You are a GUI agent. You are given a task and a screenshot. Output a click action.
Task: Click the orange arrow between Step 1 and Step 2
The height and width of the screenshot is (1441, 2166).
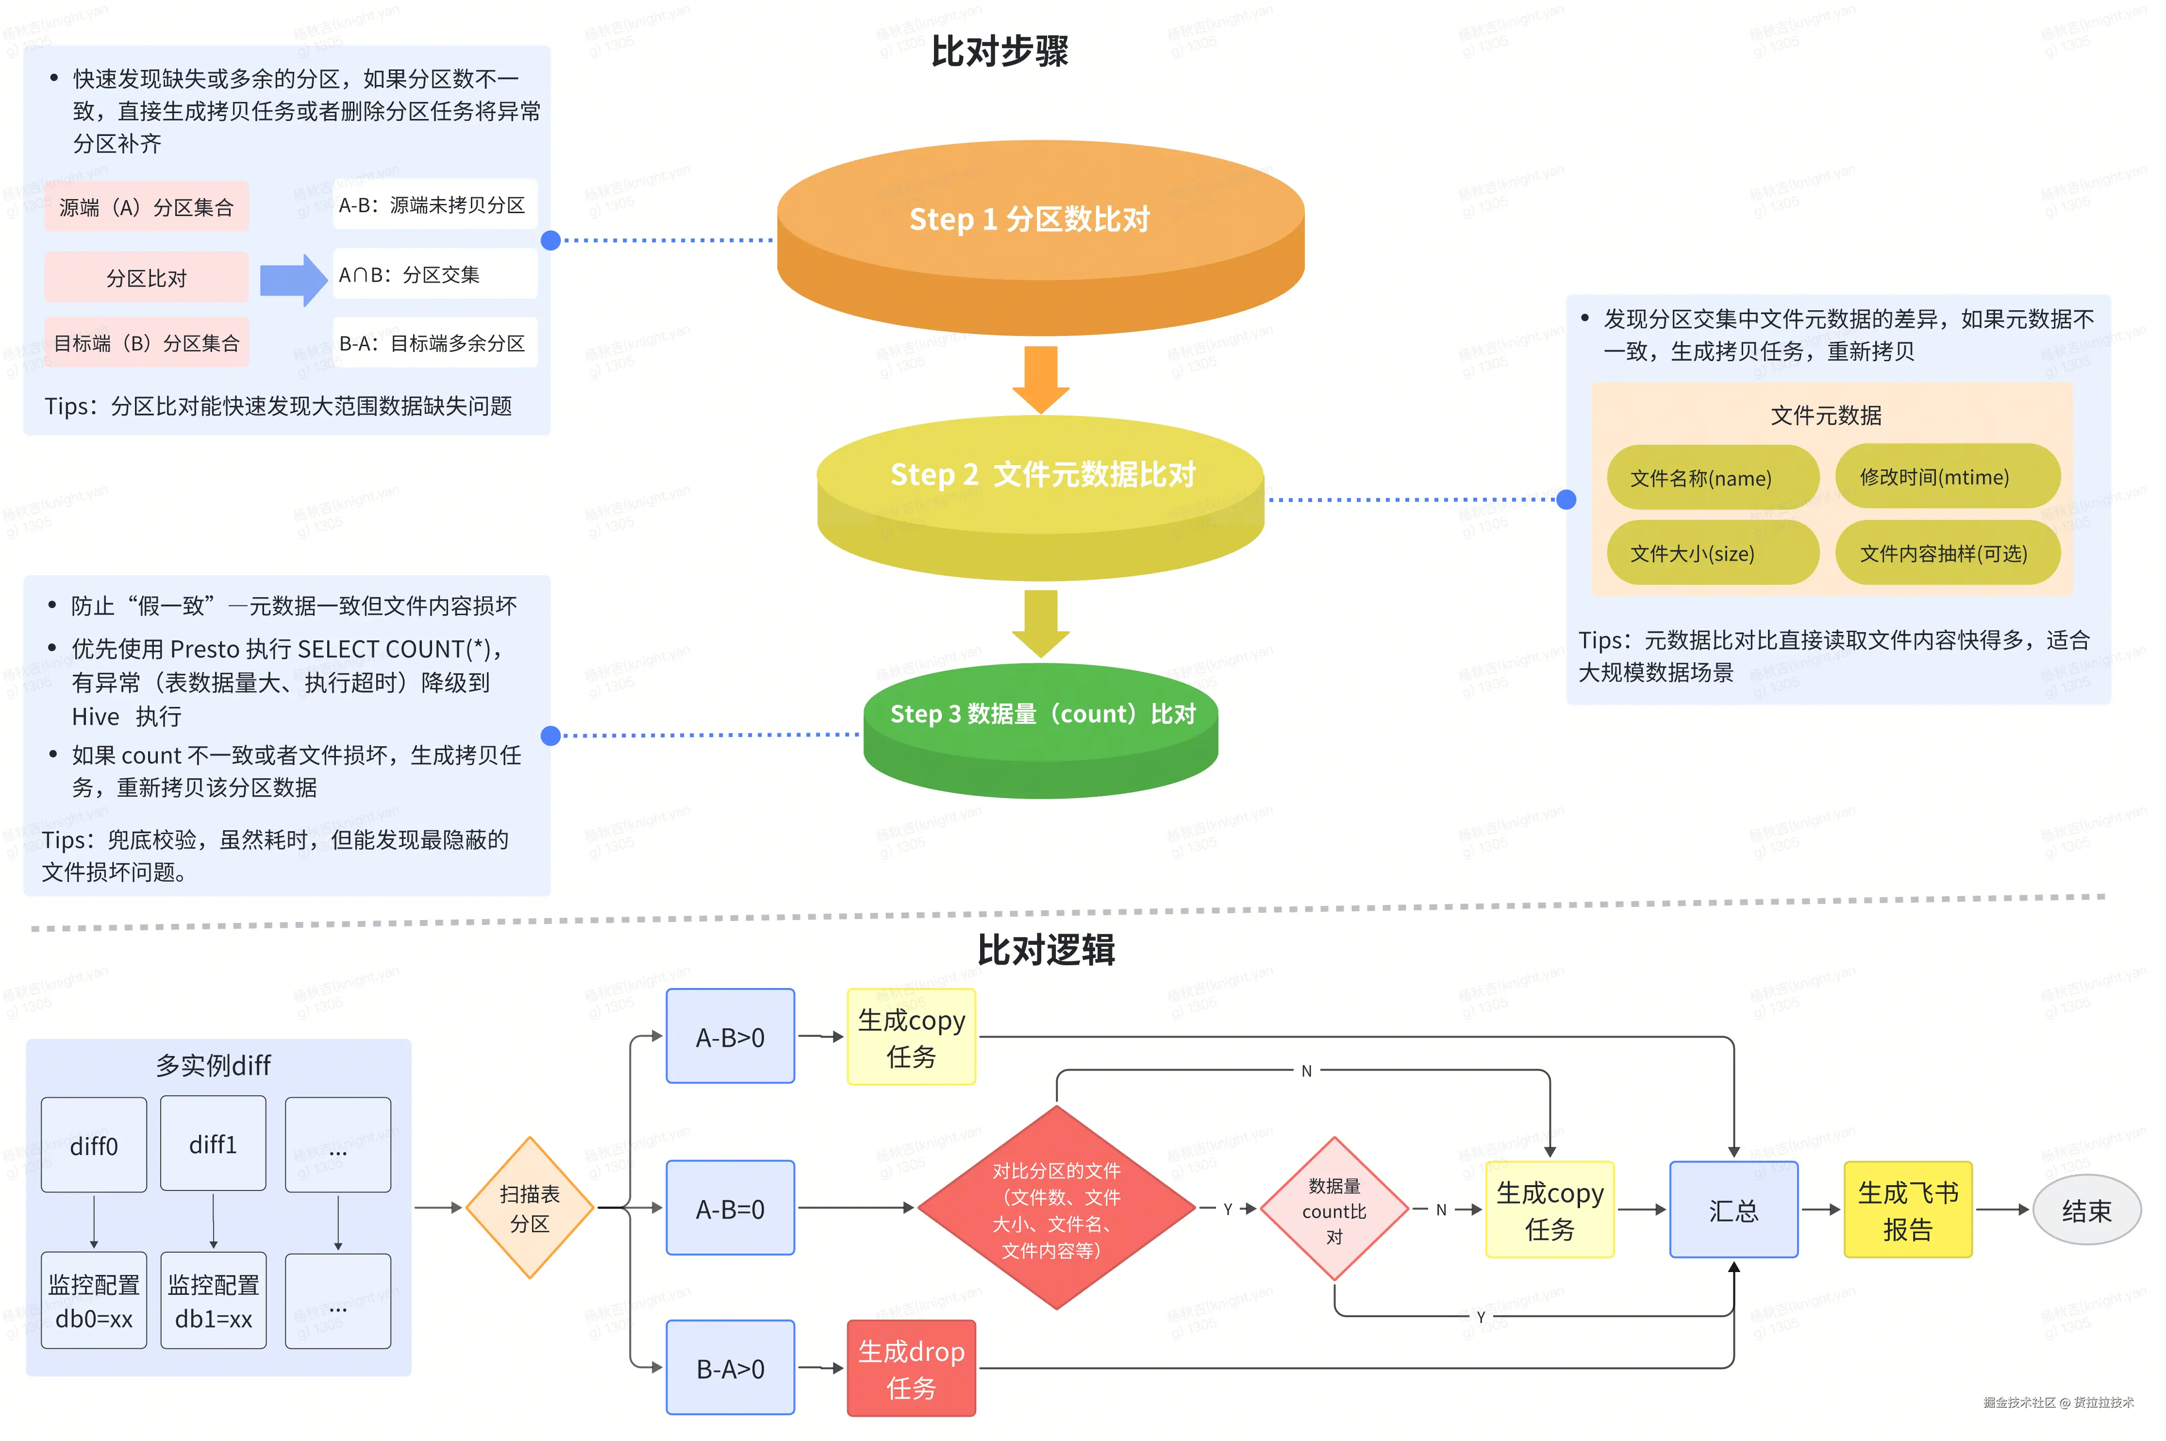[1041, 379]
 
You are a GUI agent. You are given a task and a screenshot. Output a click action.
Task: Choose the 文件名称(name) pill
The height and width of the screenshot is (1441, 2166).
[1712, 478]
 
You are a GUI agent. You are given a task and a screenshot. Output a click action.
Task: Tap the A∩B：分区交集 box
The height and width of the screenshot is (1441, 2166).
[434, 274]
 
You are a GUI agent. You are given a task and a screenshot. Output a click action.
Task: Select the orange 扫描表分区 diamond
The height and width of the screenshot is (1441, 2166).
[530, 1207]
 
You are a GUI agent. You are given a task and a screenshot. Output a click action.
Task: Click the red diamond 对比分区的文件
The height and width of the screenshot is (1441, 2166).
[1056, 1207]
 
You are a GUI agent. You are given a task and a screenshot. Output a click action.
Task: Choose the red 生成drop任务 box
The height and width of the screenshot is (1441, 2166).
[911, 1368]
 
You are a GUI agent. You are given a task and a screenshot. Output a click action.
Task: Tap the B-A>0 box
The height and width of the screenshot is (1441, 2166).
[730, 1368]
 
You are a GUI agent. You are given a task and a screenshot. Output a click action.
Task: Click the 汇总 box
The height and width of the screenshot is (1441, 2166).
[1733, 1209]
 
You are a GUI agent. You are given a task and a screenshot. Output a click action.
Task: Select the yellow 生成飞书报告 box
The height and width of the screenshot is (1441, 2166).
[1908, 1209]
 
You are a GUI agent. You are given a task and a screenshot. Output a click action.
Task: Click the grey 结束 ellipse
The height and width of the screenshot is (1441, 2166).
[2087, 1209]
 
